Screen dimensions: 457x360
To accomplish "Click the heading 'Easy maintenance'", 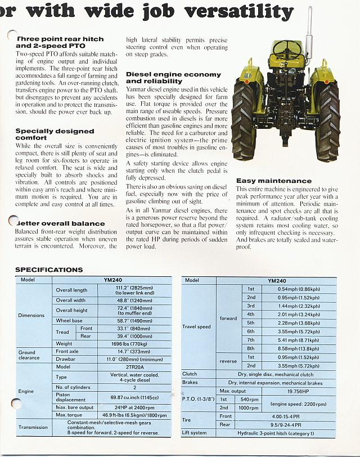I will [x=273, y=181].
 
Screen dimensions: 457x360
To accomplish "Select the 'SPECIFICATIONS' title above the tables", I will [x=49, y=270].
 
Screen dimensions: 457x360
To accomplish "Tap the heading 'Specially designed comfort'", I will [x=55, y=134].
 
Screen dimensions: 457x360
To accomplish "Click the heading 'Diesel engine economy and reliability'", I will [x=173, y=78].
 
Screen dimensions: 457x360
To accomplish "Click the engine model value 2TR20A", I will [x=134, y=366].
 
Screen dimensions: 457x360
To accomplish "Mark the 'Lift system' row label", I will [x=194, y=433].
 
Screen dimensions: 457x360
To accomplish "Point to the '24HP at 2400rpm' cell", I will [x=134, y=407].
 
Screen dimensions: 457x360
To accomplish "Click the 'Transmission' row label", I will [x=33, y=427].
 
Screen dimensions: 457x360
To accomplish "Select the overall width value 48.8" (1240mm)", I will [x=134, y=301].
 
